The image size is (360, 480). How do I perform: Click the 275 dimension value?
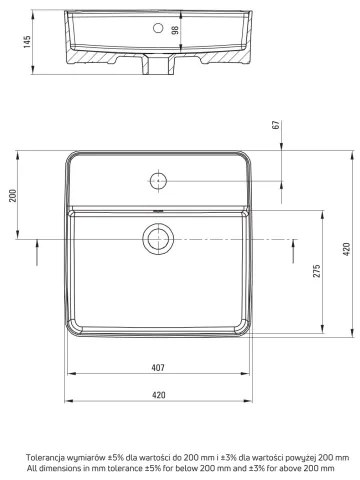(315, 277)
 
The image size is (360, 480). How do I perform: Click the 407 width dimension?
(158, 368)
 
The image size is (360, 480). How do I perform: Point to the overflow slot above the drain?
(157, 212)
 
